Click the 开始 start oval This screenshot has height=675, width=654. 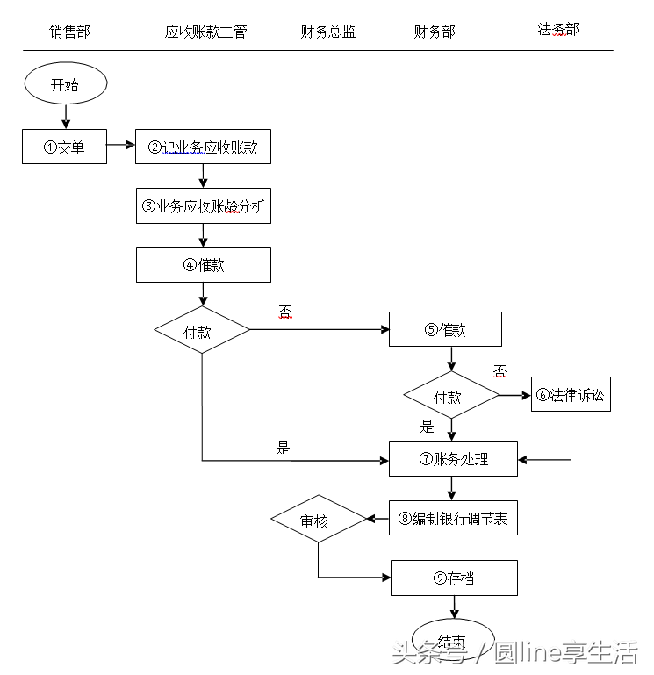coord(65,85)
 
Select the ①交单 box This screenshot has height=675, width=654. coord(64,147)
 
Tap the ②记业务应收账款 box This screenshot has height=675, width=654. coord(203,147)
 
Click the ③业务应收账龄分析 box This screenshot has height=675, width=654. coord(203,206)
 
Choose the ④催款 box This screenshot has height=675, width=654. coord(203,264)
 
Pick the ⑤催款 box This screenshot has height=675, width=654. coord(445,329)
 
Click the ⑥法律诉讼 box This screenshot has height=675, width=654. coord(571,395)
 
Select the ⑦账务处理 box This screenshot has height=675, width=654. coord(453,458)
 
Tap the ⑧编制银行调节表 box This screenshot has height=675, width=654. coord(453,518)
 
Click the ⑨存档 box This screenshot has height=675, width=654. coord(454,578)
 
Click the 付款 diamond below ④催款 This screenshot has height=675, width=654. coord(202,330)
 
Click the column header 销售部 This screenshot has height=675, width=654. coord(69,32)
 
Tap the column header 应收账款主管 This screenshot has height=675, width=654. coord(205,32)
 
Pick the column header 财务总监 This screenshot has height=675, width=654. coord(327,32)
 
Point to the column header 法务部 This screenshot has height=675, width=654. coord(558,30)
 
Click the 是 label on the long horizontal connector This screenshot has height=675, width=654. coord(283,448)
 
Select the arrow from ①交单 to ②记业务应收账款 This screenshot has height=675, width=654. coord(120,147)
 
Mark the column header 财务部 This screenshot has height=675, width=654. coord(435,32)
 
